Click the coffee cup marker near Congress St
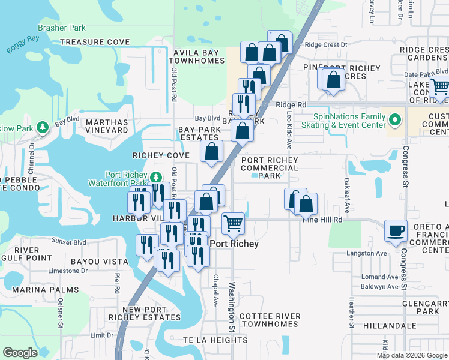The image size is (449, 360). [396, 231]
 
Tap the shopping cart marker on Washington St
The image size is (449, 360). [233, 224]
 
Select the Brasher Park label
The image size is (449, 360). [61, 28]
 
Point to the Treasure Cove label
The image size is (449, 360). [95, 43]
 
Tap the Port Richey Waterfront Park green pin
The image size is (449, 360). [156, 176]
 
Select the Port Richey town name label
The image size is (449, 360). [234, 244]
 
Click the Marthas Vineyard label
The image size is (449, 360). [107, 125]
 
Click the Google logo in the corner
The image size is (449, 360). [20, 353]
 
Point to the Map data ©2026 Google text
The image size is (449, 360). [411, 355]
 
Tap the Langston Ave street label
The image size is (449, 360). [367, 254]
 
